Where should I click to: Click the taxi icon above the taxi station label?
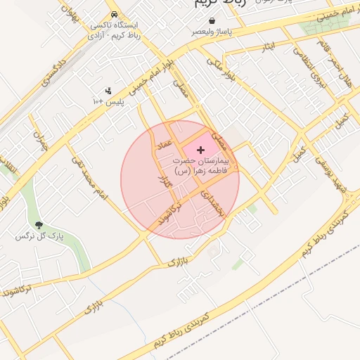pyautogui.click(x=115, y=15)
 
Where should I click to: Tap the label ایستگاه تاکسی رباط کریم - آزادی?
pyautogui.click(x=114, y=30)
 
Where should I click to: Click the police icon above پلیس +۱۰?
pyautogui.click(x=108, y=91)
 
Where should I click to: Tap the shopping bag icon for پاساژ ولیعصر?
pyautogui.click(x=212, y=22)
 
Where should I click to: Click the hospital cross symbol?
pyautogui.click(x=202, y=150)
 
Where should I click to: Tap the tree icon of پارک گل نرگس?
pyautogui.click(x=39, y=226)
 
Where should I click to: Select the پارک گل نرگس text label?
pyautogui.click(x=39, y=237)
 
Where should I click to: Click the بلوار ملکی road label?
pyautogui.click(x=219, y=71)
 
